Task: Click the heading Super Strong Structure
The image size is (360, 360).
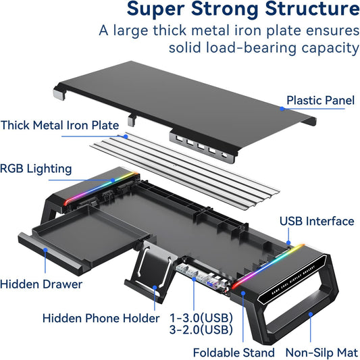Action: pos(242,11)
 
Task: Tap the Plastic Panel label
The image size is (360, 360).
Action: pos(320,101)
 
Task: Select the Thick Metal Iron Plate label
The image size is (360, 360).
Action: pos(60,125)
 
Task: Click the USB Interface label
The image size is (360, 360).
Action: pos(316,221)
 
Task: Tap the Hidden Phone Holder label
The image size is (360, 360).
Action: pos(101,318)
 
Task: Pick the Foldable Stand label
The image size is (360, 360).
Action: pos(234,352)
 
